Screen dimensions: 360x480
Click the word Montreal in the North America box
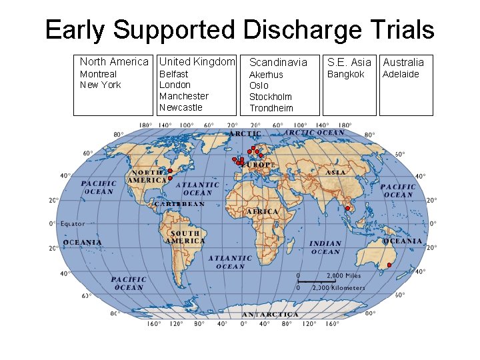(x=98, y=74)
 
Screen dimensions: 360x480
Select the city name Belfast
(x=173, y=74)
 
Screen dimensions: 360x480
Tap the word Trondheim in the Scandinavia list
(x=271, y=108)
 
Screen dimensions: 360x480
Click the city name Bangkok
(x=345, y=74)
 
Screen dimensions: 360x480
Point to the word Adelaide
(x=401, y=74)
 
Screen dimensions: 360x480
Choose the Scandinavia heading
(x=278, y=62)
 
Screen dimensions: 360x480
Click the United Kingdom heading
(x=197, y=61)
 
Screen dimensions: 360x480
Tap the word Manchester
(x=183, y=96)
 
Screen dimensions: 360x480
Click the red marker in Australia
(x=389, y=265)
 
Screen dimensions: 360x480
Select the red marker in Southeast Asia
(x=347, y=209)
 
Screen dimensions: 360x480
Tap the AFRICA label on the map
(x=263, y=211)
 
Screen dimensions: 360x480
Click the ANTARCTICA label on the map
(x=270, y=314)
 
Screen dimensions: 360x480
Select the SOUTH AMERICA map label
(x=185, y=237)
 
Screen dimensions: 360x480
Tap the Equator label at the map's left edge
(x=73, y=224)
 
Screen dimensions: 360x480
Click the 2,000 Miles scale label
(x=343, y=275)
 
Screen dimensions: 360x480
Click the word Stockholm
(x=270, y=97)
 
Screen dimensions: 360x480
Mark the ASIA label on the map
(x=335, y=173)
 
